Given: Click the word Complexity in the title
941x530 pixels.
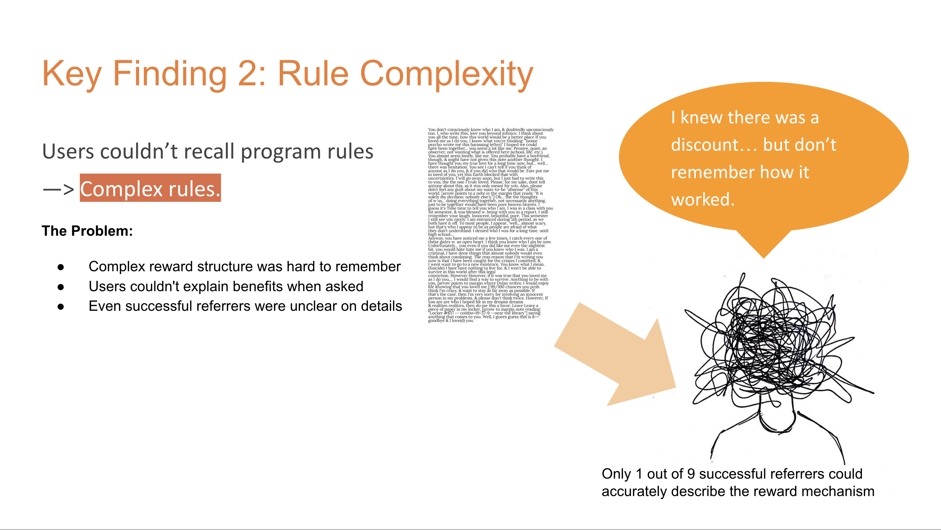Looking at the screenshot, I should click(x=447, y=74).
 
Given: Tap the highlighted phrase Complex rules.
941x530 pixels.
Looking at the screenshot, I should click(x=150, y=189).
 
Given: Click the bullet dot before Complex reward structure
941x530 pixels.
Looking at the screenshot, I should click(x=61, y=267).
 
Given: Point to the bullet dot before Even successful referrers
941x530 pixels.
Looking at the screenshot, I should click(x=61, y=307).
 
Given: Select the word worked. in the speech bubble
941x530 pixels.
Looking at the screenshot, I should click(x=702, y=200).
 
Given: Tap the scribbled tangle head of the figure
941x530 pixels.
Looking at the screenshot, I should click(x=775, y=343).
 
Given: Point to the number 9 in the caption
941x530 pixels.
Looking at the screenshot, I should click(x=691, y=474).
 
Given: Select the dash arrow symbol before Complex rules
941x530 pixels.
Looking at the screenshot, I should click(x=59, y=189).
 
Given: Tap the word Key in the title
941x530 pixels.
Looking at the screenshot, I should click(x=72, y=74).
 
